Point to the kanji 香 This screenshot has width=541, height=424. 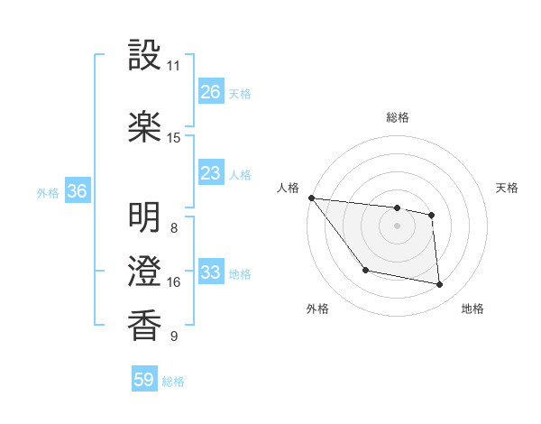(x=144, y=325)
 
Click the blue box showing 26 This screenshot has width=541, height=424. (x=210, y=92)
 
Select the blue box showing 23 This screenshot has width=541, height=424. (x=210, y=173)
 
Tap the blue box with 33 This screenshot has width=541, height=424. (x=210, y=272)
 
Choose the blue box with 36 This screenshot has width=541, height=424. (x=77, y=191)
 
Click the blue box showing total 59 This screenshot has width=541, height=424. (x=144, y=380)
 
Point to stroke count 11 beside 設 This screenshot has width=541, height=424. (x=173, y=66)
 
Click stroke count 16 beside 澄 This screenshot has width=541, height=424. (x=173, y=282)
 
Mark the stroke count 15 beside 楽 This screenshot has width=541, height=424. (x=173, y=137)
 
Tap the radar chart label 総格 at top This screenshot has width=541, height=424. (x=397, y=117)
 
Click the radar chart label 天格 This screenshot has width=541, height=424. (x=508, y=188)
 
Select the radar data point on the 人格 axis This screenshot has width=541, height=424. (x=311, y=198)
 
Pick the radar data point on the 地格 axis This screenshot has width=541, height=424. (x=440, y=285)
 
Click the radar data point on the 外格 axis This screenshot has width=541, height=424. (x=365, y=270)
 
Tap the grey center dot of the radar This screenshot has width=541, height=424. (x=397, y=226)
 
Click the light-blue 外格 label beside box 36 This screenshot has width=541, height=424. (x=48, y=192)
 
